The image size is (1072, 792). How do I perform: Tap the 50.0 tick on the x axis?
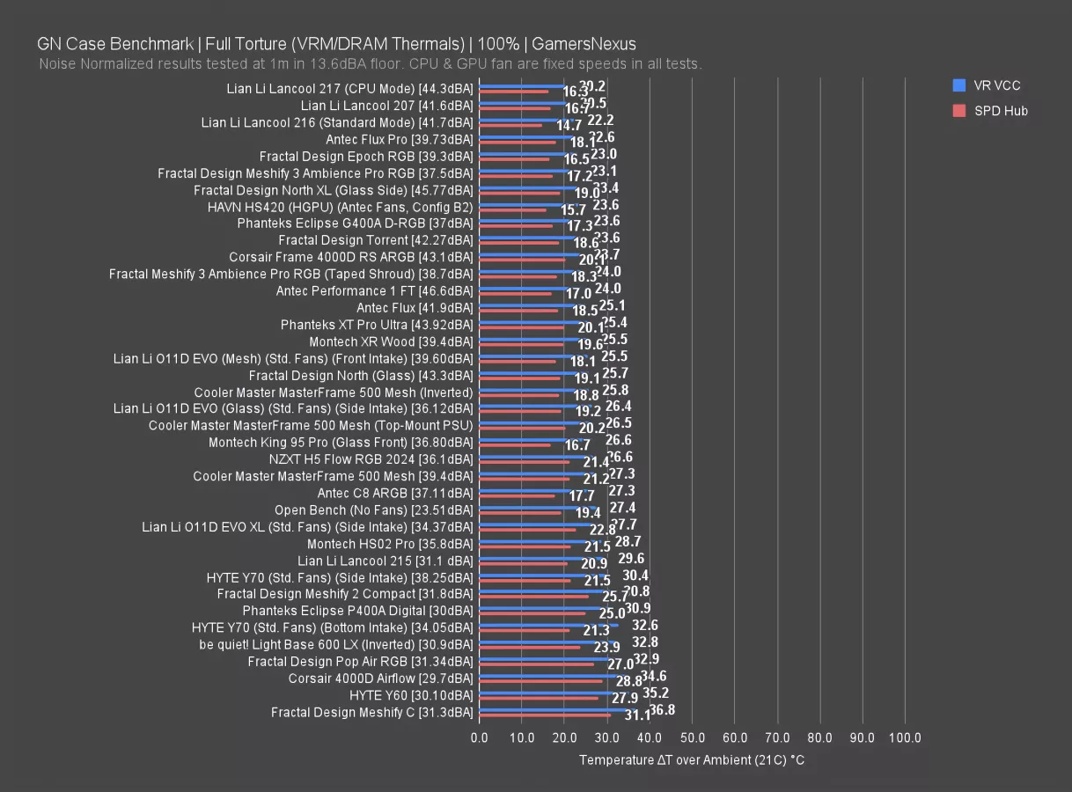point(692,737)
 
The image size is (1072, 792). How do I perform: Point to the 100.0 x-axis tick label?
point(905,737)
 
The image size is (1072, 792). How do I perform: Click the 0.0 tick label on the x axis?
point(479,737)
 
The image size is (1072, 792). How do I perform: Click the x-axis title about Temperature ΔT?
point(691,759)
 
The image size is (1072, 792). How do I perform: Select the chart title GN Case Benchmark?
point(336,43)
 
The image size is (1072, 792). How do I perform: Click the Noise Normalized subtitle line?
point(371,64)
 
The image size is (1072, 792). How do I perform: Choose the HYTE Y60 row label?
point(411,695)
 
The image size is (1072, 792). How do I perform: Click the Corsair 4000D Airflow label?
point(380,678)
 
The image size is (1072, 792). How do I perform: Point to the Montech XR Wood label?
point(391,341)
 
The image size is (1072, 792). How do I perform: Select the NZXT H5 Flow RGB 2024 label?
point(371,459)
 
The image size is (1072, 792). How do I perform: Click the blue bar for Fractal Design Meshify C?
point(554,708)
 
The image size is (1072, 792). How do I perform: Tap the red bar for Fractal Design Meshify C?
point(544,715)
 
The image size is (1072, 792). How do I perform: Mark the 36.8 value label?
point(662,709)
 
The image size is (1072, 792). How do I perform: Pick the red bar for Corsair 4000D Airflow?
point(540,681)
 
